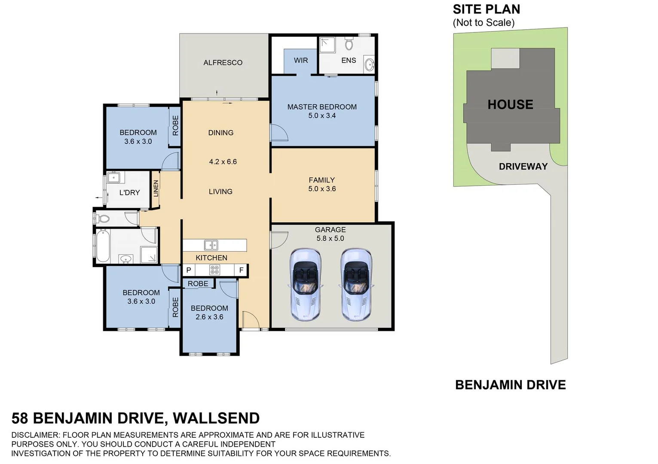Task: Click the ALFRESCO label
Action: [x=223, y=63]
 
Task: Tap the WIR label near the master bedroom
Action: [x=301, y=61]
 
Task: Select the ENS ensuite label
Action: [x=349, y=61]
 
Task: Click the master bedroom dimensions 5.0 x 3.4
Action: [x=322, y=116]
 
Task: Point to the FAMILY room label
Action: [x=321, y=180]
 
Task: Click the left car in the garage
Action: [x=305, y=284]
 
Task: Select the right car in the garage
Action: [x=356, y=284]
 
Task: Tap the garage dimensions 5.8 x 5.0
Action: [x=330, y=238]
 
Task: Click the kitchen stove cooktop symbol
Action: [x=214, y=270]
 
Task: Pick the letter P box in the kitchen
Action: [x=189, y=270]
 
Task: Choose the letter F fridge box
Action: [x=242, y=270]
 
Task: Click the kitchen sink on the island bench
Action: [x=211, y=245]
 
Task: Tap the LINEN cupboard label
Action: [x=156, y=188]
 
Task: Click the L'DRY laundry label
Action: [x=129, y=192]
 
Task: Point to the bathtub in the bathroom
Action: [x=103, y=246]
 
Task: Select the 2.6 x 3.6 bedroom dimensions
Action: [x=209, y=317]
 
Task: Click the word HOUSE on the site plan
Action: [x=510, y=104]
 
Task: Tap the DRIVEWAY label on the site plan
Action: [x=523, y=167]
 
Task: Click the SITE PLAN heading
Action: [x=486, y=9]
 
